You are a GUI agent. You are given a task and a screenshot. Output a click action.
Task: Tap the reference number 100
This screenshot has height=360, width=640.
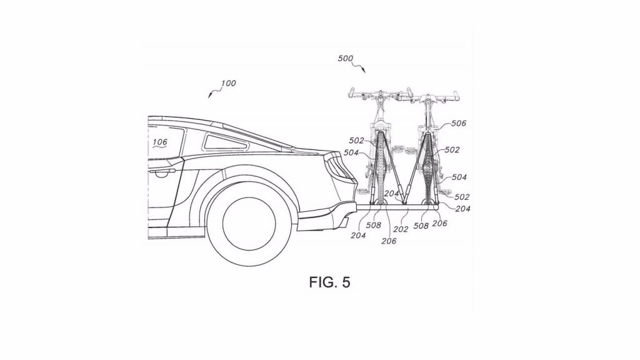pyautogui.click(x=227, y=84)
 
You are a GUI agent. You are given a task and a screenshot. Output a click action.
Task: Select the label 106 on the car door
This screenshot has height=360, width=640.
pyautogui.click(x=159, y=142)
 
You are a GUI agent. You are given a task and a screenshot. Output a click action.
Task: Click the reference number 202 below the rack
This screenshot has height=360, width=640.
pyautogui.click(x=401, y=229)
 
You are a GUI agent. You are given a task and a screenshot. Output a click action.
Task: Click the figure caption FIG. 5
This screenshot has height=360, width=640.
pyautogui.click(x=329, y=282)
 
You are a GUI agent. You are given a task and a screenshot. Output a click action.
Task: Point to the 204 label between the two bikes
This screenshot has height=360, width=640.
pyautogui.click(x=392, y=194)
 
